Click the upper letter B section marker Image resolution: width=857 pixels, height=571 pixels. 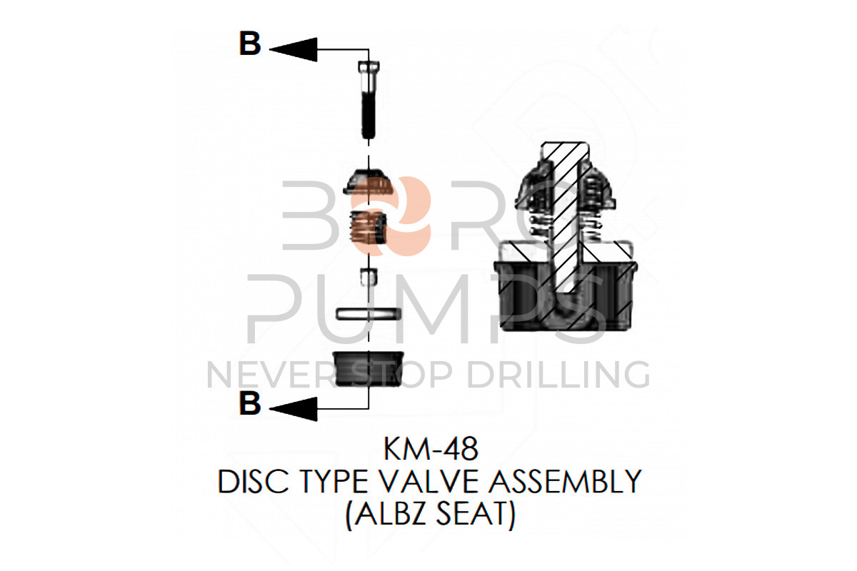250,44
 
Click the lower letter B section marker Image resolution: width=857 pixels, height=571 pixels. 250,404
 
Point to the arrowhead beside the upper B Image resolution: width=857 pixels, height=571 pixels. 293,49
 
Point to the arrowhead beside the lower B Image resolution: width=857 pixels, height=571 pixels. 293,408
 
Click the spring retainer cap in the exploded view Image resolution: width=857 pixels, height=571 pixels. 369,183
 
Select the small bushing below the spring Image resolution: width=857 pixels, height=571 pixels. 368,276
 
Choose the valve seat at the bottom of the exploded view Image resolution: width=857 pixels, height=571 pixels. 369,368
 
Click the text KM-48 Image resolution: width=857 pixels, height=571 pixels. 430,450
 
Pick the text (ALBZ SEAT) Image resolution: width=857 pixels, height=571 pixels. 430,515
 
